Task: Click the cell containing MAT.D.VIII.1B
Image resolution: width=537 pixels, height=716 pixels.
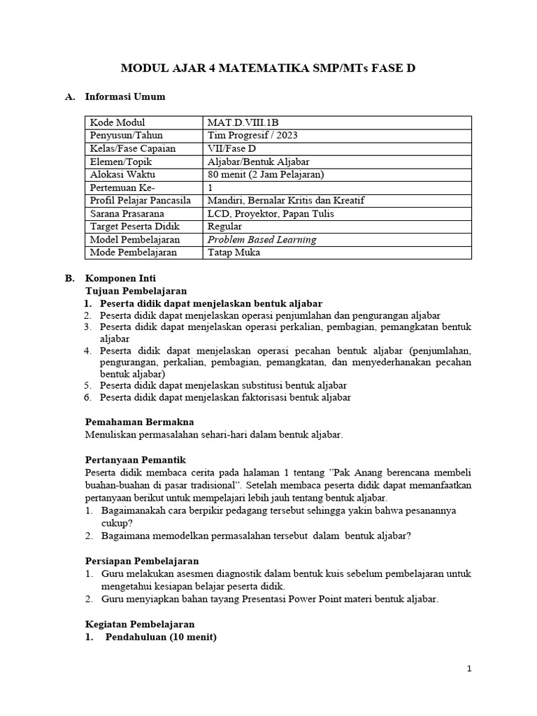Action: (x=244, y=122)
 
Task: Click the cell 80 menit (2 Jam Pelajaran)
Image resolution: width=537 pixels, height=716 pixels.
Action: (x=266, y=174)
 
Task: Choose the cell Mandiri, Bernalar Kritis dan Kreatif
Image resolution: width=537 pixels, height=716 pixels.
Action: (x=286, y=201)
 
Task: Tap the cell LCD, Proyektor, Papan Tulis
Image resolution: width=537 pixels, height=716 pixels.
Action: (x=271, y=213)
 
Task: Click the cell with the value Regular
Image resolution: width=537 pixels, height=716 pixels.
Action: (x=225, y=227)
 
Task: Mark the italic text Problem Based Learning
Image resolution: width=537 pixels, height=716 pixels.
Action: (x=262, y=239)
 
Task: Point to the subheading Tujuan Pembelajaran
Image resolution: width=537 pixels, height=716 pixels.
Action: (x=136, y=290)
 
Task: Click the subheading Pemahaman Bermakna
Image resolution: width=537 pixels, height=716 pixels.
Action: (x=139, y=422)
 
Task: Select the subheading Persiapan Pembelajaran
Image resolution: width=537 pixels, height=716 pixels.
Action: (x=142, y=561)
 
